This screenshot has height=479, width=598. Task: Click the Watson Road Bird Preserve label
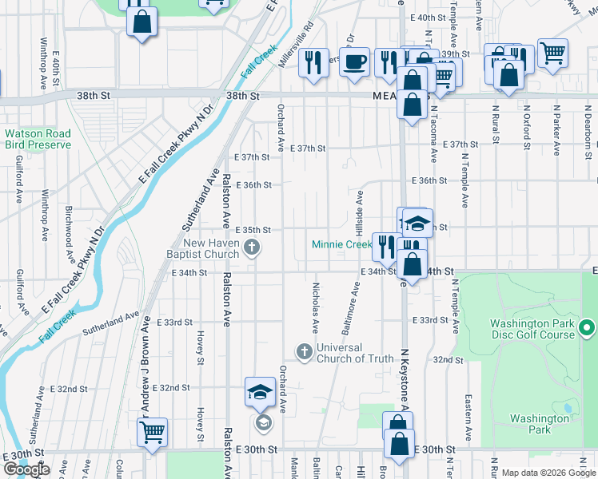38,139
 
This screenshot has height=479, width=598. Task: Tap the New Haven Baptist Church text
211,249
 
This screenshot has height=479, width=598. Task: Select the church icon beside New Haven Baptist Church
253,247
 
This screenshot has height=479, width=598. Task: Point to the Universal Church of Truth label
355,353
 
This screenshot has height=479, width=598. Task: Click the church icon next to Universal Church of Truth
304,351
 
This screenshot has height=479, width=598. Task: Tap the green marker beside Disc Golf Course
588,328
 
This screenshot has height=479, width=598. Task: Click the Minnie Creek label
341,244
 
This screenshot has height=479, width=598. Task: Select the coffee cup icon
354,61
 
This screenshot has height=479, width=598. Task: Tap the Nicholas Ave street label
316,307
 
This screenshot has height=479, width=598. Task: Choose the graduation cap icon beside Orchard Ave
260,392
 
